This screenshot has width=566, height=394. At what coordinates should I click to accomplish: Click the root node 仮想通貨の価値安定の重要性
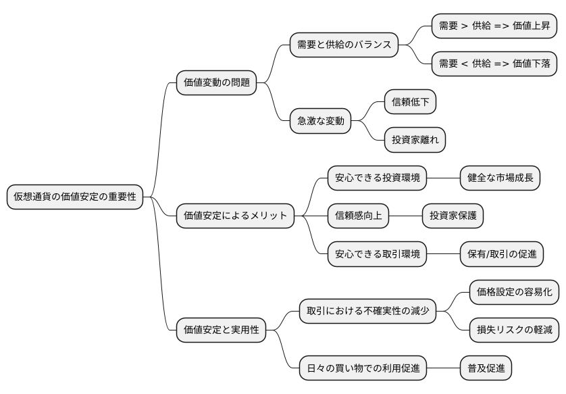(75, 197)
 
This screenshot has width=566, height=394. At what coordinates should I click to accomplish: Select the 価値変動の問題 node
(216, 83)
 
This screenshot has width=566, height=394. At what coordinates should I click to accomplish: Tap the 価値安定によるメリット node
(236, 216)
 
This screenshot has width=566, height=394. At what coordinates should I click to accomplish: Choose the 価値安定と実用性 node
(221, 330)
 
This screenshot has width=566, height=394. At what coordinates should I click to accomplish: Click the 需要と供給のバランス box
(344, 45)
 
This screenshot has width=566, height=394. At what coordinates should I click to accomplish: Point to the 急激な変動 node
(321, 121)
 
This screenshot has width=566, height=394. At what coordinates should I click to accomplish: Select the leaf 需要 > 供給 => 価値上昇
(494, 26)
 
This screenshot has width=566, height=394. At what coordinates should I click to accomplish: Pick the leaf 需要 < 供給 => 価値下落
(494, 64)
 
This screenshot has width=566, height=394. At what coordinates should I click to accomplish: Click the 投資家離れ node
(415, 140)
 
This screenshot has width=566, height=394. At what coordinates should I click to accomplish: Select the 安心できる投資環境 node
(378, 178)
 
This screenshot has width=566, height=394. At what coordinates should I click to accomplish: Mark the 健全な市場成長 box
(500, 178)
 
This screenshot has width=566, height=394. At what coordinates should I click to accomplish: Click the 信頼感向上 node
(359, 216)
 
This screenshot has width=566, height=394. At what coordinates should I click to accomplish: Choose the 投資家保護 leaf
(453, 216)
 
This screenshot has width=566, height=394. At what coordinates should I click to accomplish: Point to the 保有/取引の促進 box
(501, 254)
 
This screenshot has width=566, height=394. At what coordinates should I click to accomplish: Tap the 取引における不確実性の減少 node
(367, 312)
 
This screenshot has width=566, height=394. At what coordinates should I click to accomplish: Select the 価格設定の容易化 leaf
(514, 293)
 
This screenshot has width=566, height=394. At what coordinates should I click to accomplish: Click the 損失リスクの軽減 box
(514, 330)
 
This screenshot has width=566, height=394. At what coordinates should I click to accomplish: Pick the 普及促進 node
(485, 368)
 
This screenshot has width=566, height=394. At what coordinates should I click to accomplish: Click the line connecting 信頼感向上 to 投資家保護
(406, 216)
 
